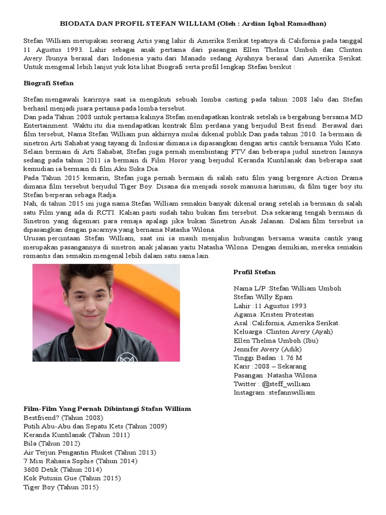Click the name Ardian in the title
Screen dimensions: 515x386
point(257,24)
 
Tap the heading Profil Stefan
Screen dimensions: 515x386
point(254,272)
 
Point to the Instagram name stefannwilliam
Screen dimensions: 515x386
point(292,392)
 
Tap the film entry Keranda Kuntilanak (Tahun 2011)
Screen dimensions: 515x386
point(76,435)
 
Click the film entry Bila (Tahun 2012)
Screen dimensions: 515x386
point(52,444)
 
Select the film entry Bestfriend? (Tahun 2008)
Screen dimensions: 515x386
point(63,417)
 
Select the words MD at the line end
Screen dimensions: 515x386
point(357,117)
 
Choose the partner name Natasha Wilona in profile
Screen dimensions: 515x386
point(292,375)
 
